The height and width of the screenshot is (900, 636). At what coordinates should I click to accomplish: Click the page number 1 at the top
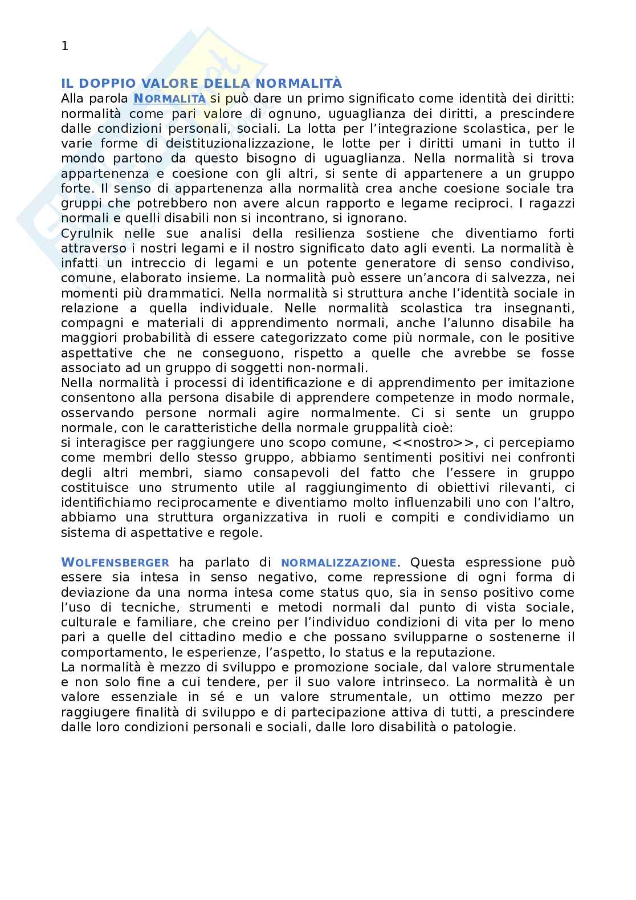click(64, 47)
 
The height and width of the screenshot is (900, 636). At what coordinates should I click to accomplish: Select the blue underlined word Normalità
click(169, 99)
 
